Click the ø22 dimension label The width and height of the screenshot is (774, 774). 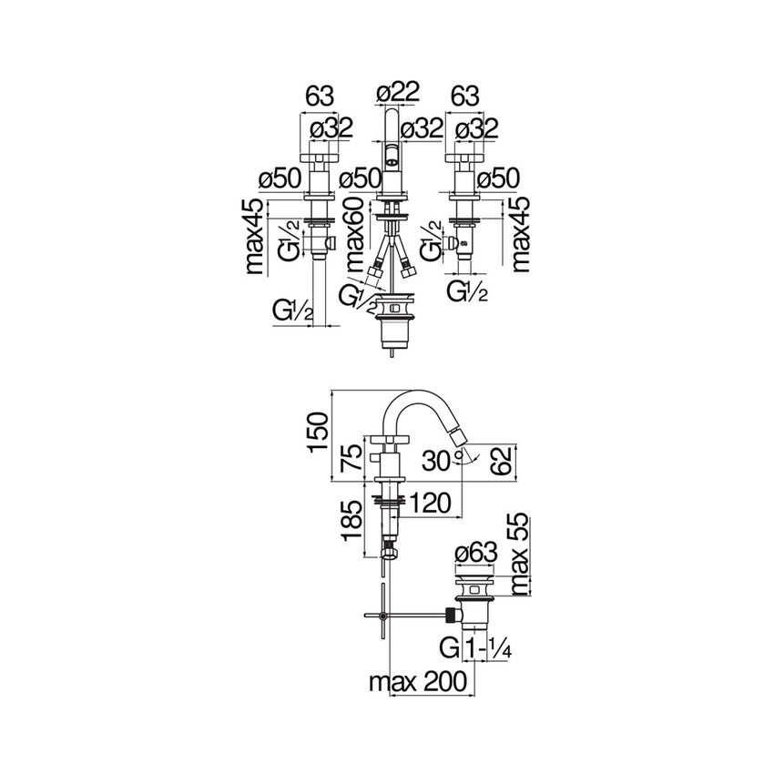[397, 92]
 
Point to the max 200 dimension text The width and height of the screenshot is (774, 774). [418, 682]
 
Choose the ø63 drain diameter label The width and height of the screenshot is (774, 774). [476, 553]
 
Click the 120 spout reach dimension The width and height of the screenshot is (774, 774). [431, 503]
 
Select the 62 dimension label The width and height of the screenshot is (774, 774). [504, 460]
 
